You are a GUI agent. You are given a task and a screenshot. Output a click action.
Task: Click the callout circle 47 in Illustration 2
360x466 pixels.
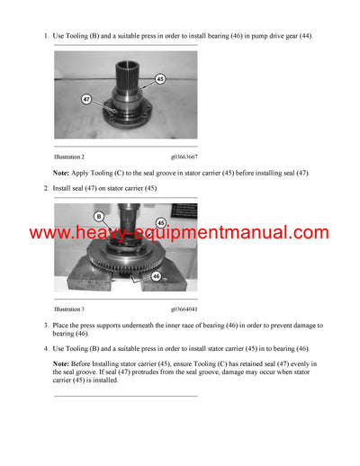pos(87,99)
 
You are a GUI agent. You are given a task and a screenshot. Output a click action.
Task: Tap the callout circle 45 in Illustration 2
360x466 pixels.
pos(160,78)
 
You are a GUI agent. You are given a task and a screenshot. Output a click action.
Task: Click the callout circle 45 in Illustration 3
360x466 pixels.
pos(161,222)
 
